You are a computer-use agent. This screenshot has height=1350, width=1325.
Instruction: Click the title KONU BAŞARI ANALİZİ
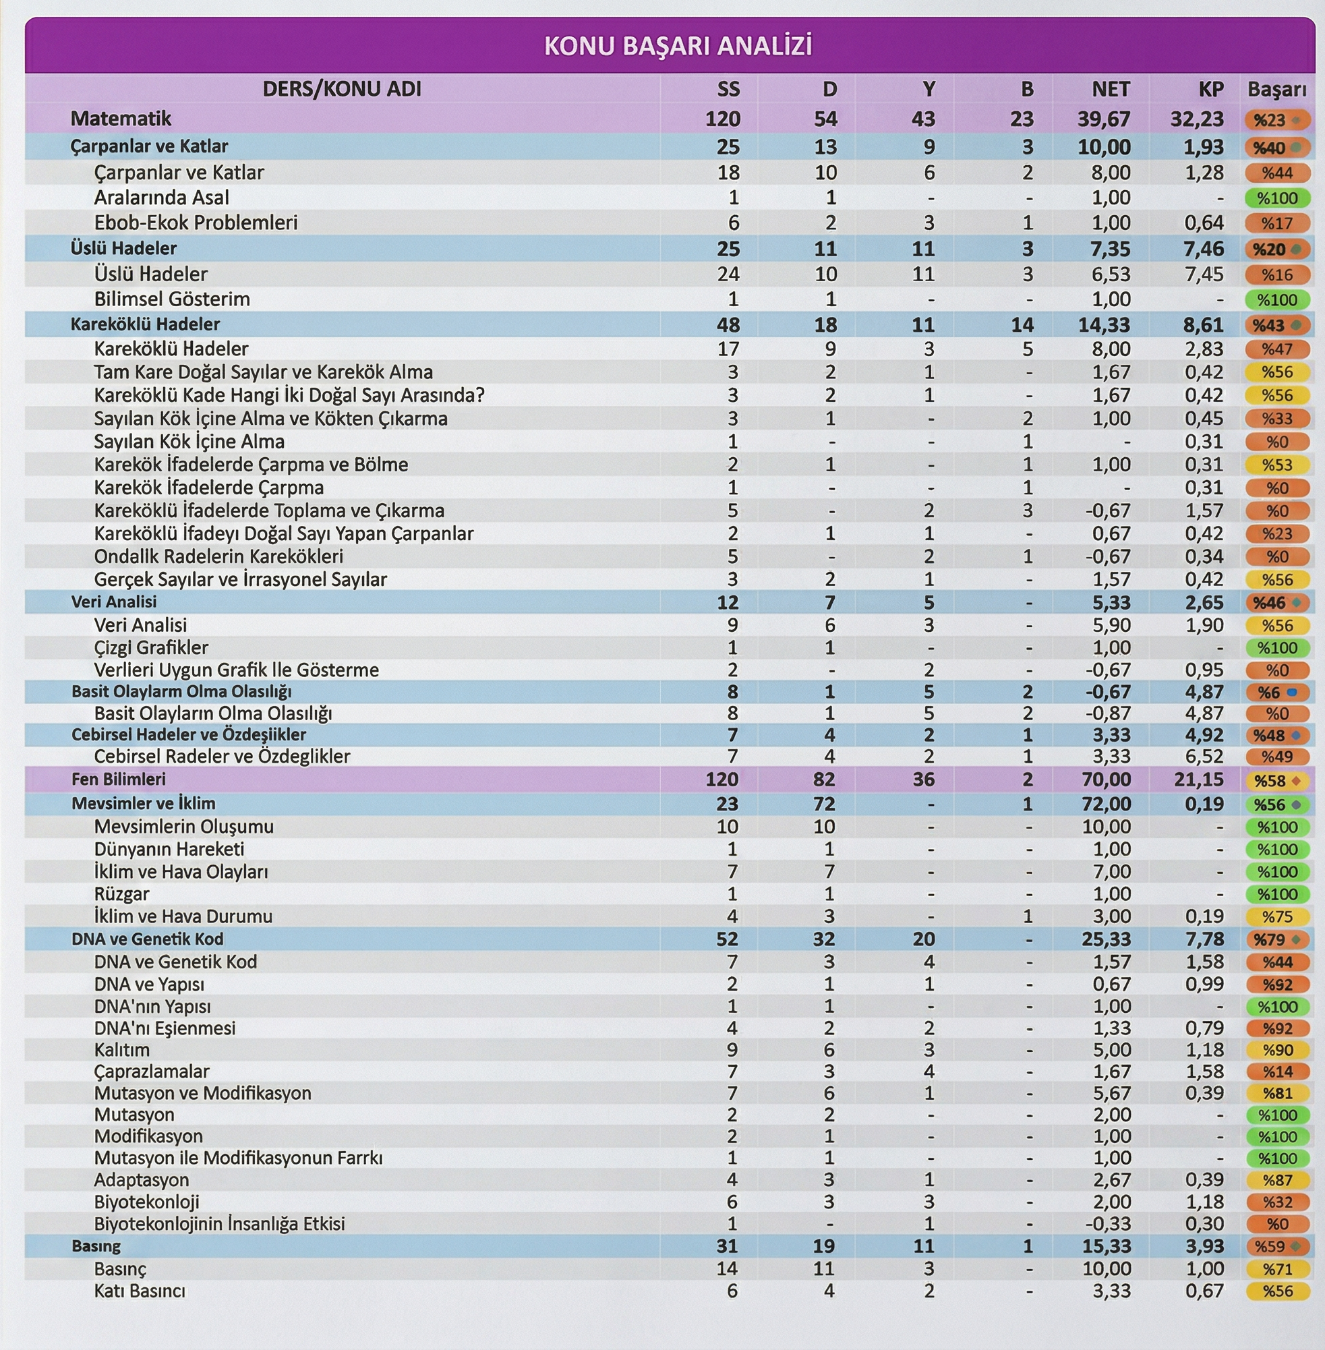point(677,46)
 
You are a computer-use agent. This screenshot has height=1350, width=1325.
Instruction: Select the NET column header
point(1110,89)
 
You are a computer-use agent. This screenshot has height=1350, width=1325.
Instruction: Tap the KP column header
point(1211,89)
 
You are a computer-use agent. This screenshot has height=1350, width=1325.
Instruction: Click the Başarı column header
point(1276,89)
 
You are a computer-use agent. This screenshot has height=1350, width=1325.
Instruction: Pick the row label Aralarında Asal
point(161,198)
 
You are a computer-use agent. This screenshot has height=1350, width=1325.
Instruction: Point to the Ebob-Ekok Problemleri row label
point(196,223)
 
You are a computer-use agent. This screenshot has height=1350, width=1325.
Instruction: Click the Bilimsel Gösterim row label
point(172,299)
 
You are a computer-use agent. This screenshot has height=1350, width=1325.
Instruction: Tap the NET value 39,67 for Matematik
point(1104,119)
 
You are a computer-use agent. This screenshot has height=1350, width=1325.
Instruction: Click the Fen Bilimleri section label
point(118,780)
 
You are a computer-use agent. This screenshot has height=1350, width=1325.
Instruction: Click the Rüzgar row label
point(122,893)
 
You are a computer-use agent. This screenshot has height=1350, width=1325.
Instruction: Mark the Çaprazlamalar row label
point(152,1072)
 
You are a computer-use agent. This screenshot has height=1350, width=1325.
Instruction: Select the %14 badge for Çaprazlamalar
point(1277,1072)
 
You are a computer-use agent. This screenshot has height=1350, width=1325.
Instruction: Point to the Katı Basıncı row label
point(140,1291)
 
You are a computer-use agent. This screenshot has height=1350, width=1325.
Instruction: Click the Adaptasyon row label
point(142,1180)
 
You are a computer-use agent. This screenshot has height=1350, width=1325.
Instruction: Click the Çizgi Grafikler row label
point(151,648)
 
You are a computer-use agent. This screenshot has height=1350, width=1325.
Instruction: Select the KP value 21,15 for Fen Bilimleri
point(1198,780)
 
